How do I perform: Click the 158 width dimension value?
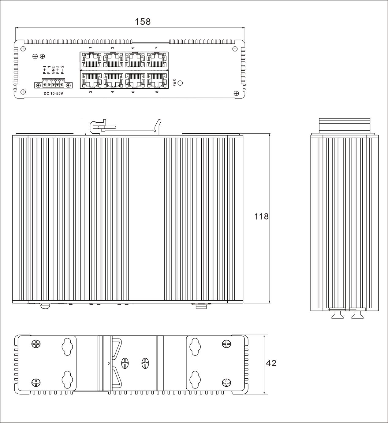tap(143, 22)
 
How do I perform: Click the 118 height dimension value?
tap(261, 217)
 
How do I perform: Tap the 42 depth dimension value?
tap(271, 363)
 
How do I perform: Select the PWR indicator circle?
tap(181, 83)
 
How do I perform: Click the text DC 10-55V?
tap(53, 93)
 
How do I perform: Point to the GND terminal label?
tap(53, 70)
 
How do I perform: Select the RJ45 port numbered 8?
tap(157, 80)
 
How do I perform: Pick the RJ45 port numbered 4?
tap(113, 80)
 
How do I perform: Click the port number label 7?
tap(157, 48)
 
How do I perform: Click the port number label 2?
tap(91, 91)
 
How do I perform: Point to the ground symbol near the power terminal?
tap(43, 56)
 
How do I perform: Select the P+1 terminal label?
tap(44, 70)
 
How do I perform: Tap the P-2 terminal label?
tap(62, 70)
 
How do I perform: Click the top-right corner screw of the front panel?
tap(235, 49)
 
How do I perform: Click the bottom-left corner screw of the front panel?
tap(24, 92)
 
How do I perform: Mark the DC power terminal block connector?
tap(53, 84)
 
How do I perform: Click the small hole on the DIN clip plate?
tap(109, 363)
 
